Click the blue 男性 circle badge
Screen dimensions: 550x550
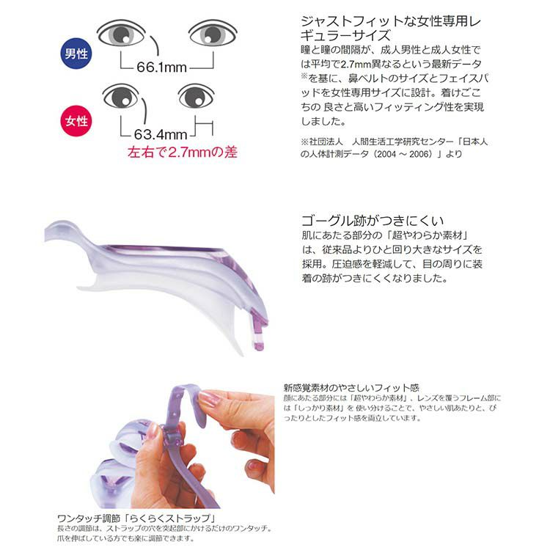(76, 54)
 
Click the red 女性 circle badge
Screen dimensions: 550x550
(76, 121)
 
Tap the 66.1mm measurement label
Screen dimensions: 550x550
(162, 67)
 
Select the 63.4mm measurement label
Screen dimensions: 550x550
(161, 134)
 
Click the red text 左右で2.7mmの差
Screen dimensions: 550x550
(183, 153)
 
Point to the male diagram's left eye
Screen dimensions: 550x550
(121, 34)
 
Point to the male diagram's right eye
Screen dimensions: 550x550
(213, 33)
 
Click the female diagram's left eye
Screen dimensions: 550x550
(121, 96)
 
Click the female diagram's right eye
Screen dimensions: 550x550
(196, 96)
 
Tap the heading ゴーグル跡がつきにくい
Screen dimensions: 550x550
(373, 221)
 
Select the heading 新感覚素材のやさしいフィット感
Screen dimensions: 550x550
(351, 388)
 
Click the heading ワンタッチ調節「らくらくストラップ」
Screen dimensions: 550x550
(136, 518)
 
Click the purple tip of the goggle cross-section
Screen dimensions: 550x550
(259, 331)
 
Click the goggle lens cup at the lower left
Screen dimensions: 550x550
(112, 484)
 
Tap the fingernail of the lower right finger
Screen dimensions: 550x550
(253, 466)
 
